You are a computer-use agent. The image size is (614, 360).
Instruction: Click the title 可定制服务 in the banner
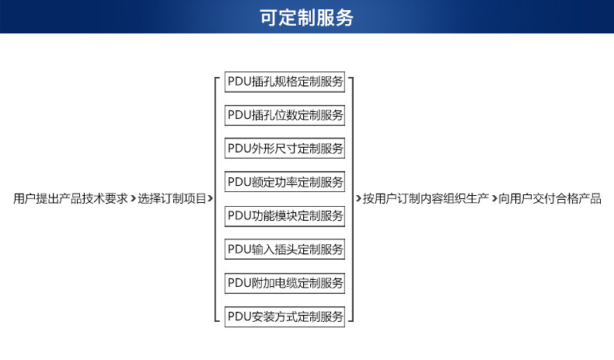pos(306,18)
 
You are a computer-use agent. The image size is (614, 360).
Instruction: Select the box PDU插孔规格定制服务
pos(284,82)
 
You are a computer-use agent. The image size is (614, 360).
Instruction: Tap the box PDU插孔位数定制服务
pos(284,115)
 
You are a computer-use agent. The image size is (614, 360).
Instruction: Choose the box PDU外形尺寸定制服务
pos(284,148)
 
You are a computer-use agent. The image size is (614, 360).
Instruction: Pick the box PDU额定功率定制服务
pos(284,182)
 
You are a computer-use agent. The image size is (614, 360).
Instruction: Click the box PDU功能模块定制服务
pos(284,216)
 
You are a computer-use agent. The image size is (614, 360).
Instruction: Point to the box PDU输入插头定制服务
pos(284,249)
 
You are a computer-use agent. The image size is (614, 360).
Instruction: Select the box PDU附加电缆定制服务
pos(284,283)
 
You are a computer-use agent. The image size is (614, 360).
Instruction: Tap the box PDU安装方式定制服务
pos(284,316)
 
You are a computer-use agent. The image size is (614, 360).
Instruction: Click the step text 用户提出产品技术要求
pos(71,198)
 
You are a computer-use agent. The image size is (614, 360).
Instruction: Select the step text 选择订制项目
pos(172,198)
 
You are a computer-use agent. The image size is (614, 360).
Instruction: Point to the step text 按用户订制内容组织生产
pos(426,198)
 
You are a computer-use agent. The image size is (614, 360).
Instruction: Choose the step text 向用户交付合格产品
pos(549,198)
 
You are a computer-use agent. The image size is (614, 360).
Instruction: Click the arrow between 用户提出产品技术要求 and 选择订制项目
pos(133,198)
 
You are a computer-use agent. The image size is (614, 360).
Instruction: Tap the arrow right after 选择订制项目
pos(211,198)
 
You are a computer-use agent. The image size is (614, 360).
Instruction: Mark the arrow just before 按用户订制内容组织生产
pos(358,198)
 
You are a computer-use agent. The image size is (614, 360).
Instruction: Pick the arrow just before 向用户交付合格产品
pos(494,198)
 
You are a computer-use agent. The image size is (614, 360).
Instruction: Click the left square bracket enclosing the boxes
pos(215,199)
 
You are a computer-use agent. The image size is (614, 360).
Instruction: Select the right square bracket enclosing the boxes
pos(353,199)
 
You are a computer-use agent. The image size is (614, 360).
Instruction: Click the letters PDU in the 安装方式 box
pos(239,316)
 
